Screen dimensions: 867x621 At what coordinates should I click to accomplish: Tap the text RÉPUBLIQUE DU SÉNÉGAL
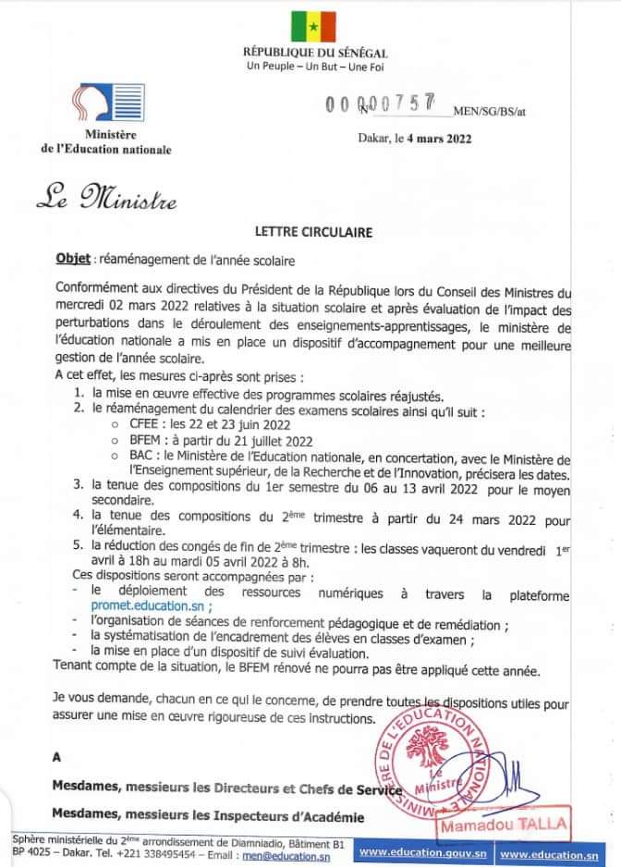pos(314,54)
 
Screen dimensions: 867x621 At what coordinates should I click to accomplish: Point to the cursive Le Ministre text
pos(105,197)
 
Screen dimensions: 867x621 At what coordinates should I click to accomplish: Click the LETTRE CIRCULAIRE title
pos(313,233)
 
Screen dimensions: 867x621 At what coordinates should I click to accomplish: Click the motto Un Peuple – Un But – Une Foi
pos(315,68)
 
